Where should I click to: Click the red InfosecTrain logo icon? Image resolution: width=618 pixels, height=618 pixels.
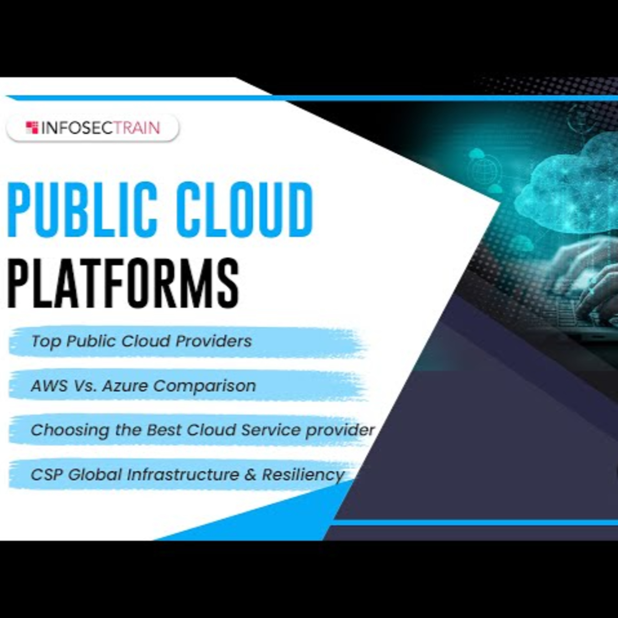point(32,128)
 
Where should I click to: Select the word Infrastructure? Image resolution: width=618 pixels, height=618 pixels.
point(183,474)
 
